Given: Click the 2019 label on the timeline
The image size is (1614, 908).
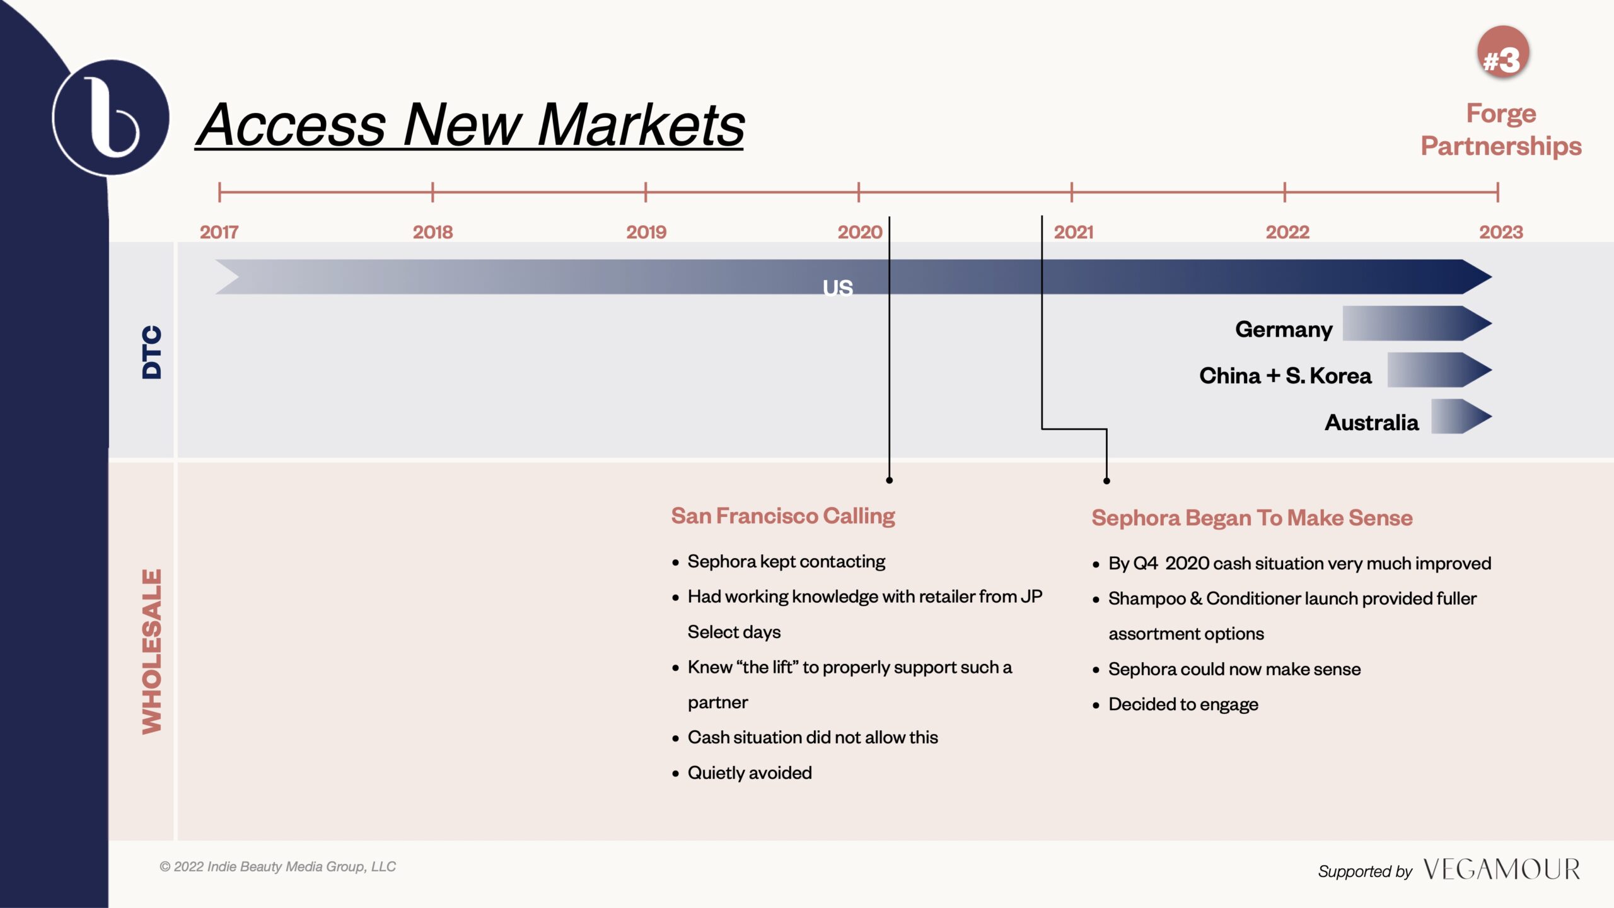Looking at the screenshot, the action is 646,232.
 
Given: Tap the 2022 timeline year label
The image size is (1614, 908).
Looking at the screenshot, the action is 1287,232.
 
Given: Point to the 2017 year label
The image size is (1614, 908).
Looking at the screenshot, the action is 219,232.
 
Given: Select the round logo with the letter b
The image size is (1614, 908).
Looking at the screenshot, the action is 111,118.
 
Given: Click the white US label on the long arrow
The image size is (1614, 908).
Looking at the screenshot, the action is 838,288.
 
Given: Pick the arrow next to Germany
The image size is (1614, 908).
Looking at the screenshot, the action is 1417,323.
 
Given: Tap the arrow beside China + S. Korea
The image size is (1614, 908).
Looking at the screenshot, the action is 1440,370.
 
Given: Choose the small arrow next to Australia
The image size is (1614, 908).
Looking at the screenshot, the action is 1461,416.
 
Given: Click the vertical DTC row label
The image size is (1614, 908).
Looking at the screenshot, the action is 151,352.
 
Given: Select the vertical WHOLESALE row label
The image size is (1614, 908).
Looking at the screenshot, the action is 151,652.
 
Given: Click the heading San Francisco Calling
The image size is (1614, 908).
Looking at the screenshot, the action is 783,516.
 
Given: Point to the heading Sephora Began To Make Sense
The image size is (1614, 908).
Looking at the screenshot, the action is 1252,518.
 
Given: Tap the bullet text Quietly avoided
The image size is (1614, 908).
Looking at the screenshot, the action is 750,772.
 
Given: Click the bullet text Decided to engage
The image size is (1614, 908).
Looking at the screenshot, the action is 1183,704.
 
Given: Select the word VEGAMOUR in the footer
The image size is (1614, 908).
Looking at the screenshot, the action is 1502,870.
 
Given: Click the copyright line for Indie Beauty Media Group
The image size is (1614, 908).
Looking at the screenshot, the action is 277,867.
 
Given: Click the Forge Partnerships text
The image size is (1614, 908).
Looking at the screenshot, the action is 1501,129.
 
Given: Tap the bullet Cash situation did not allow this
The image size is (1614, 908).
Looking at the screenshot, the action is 813,737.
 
